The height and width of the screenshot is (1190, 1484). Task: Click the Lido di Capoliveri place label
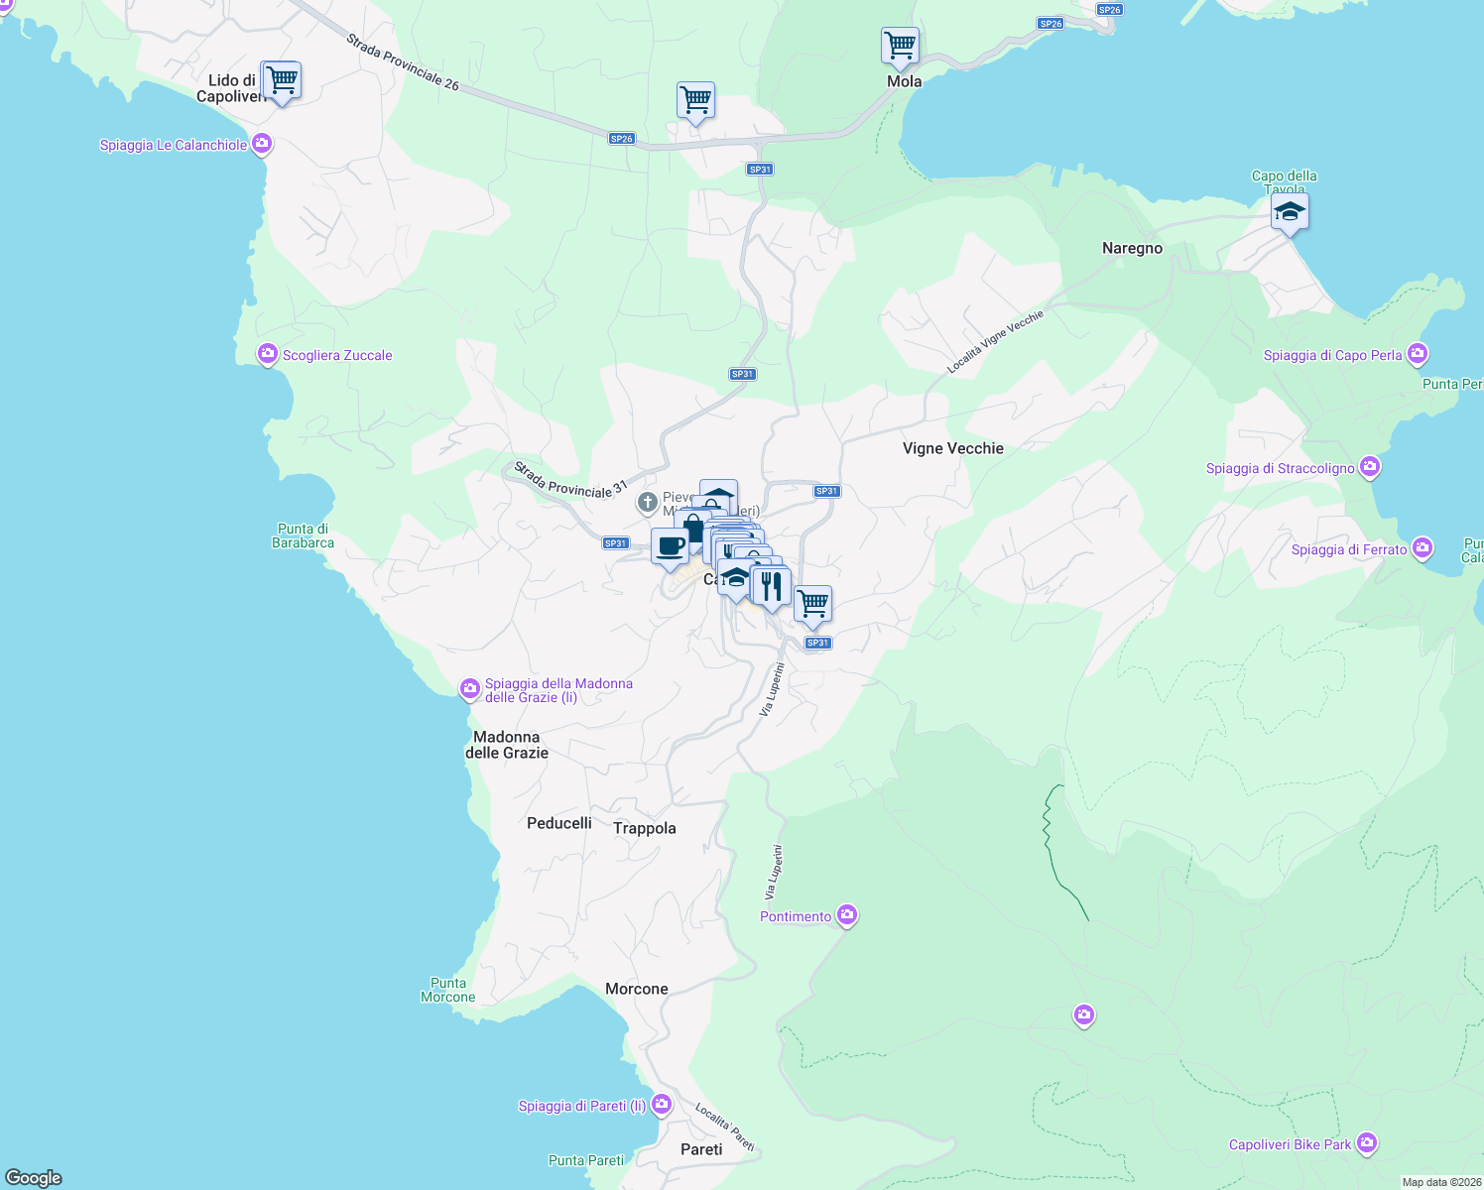(230, 88)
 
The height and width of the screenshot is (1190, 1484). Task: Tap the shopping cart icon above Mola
(900, 46)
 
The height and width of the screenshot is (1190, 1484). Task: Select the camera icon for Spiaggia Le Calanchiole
(262, 145)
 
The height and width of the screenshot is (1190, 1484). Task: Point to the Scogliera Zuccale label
(337, 355)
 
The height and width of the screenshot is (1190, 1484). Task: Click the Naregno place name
(1132, 248)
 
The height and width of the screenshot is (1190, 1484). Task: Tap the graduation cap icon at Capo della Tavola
(1290, 212)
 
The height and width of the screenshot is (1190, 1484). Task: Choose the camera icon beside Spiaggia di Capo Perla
(1418, 354)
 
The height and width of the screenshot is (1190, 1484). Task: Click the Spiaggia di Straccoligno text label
(1280, 468)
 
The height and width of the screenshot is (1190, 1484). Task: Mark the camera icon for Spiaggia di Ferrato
(1422, 548)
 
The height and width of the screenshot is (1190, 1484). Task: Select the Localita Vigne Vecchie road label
(995, 342)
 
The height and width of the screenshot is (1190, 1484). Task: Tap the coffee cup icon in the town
(670, 546)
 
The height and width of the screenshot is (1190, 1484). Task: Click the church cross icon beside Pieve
(648, 504)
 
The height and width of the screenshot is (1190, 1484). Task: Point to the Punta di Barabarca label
(304, 535)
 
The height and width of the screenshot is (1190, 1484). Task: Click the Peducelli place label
(559, 823)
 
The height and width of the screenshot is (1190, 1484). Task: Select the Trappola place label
(645, 828)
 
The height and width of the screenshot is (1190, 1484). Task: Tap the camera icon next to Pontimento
(847, 915)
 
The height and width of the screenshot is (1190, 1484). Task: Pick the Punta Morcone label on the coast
(448, 990)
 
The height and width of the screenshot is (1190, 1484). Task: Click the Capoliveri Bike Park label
(1290, 1144)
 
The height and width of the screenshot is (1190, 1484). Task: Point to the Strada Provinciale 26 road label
(403, 62)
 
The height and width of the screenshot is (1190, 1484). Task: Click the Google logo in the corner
(34, 1177)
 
